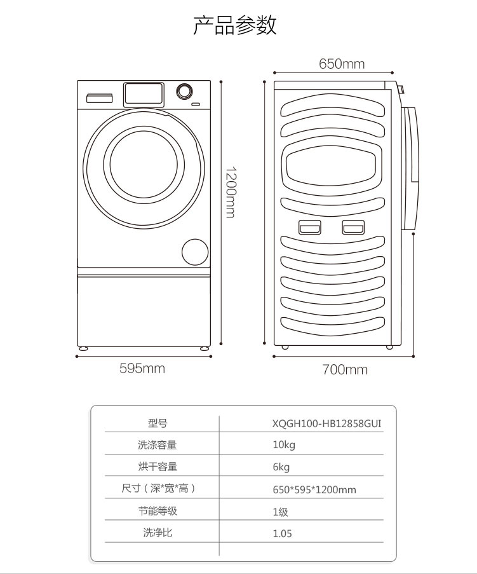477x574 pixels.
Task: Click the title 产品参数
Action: [x=234, y=25]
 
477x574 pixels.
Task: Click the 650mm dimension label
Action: [x=342, y=64]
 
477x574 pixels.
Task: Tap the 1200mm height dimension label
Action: [x=230, y=193]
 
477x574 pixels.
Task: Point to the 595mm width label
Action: [x=142, y=368]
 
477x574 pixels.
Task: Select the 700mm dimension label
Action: [x=345, y=369]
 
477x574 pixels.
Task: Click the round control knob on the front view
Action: [x=184, y=91]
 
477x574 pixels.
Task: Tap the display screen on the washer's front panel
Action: [x=144, y=94]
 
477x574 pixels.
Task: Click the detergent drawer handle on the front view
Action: [x=100, y=98]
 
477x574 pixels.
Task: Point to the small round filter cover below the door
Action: [x=195, y=252]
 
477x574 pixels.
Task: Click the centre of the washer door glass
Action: [x=144, y=165]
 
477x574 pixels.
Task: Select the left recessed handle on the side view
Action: [x=309, y=227]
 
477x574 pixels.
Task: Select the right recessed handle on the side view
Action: [x=353, y=227]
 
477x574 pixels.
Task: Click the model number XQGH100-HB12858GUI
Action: [x=326, y=423]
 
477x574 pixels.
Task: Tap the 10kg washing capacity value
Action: [x=284, y=445]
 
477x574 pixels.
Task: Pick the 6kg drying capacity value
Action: [x=281, y=467]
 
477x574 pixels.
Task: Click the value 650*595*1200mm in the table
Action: [x=314, y=489]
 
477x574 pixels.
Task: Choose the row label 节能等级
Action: [x=158, y=510]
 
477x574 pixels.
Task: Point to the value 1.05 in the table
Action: [x=282, y=533]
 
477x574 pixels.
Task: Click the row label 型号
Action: [x=158, y=423]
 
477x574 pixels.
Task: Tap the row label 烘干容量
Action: [x=158, y=467]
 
